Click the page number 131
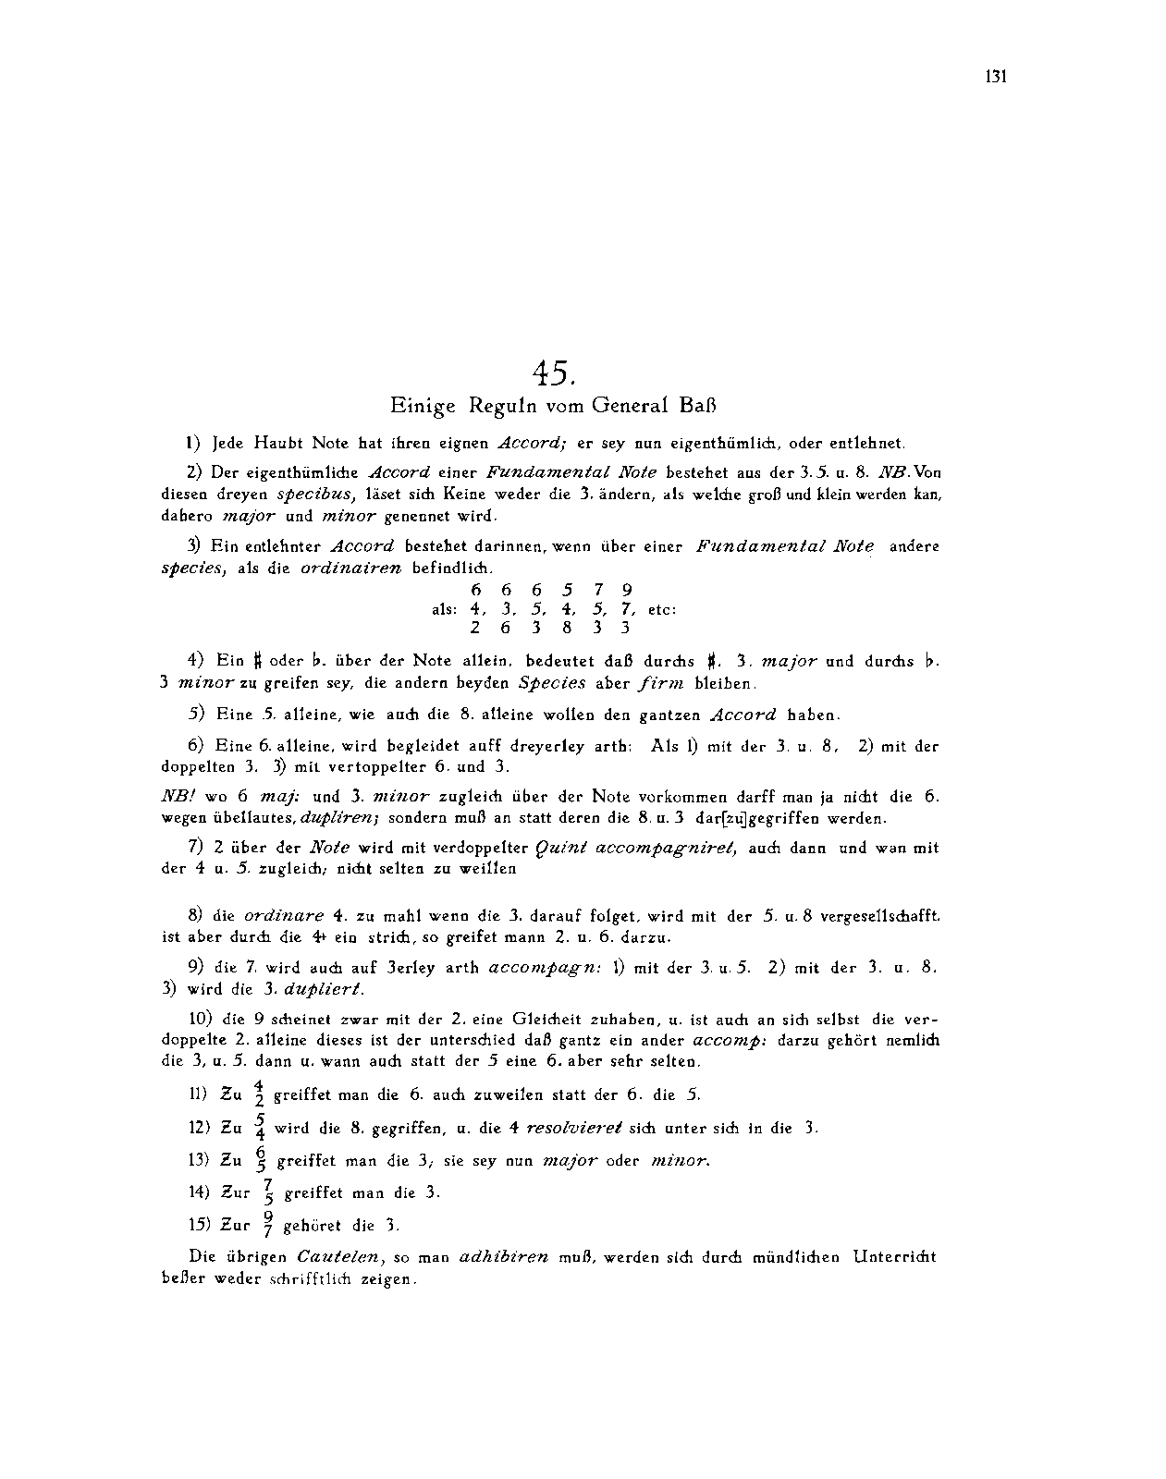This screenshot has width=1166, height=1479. pos(995,77)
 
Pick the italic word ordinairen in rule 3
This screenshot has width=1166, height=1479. pos(351,568)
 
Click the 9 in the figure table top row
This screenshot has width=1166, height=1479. pos(627,590)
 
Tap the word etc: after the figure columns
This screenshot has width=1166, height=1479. pos(662,609)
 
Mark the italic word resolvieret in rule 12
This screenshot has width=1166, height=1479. pos(568,1128)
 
